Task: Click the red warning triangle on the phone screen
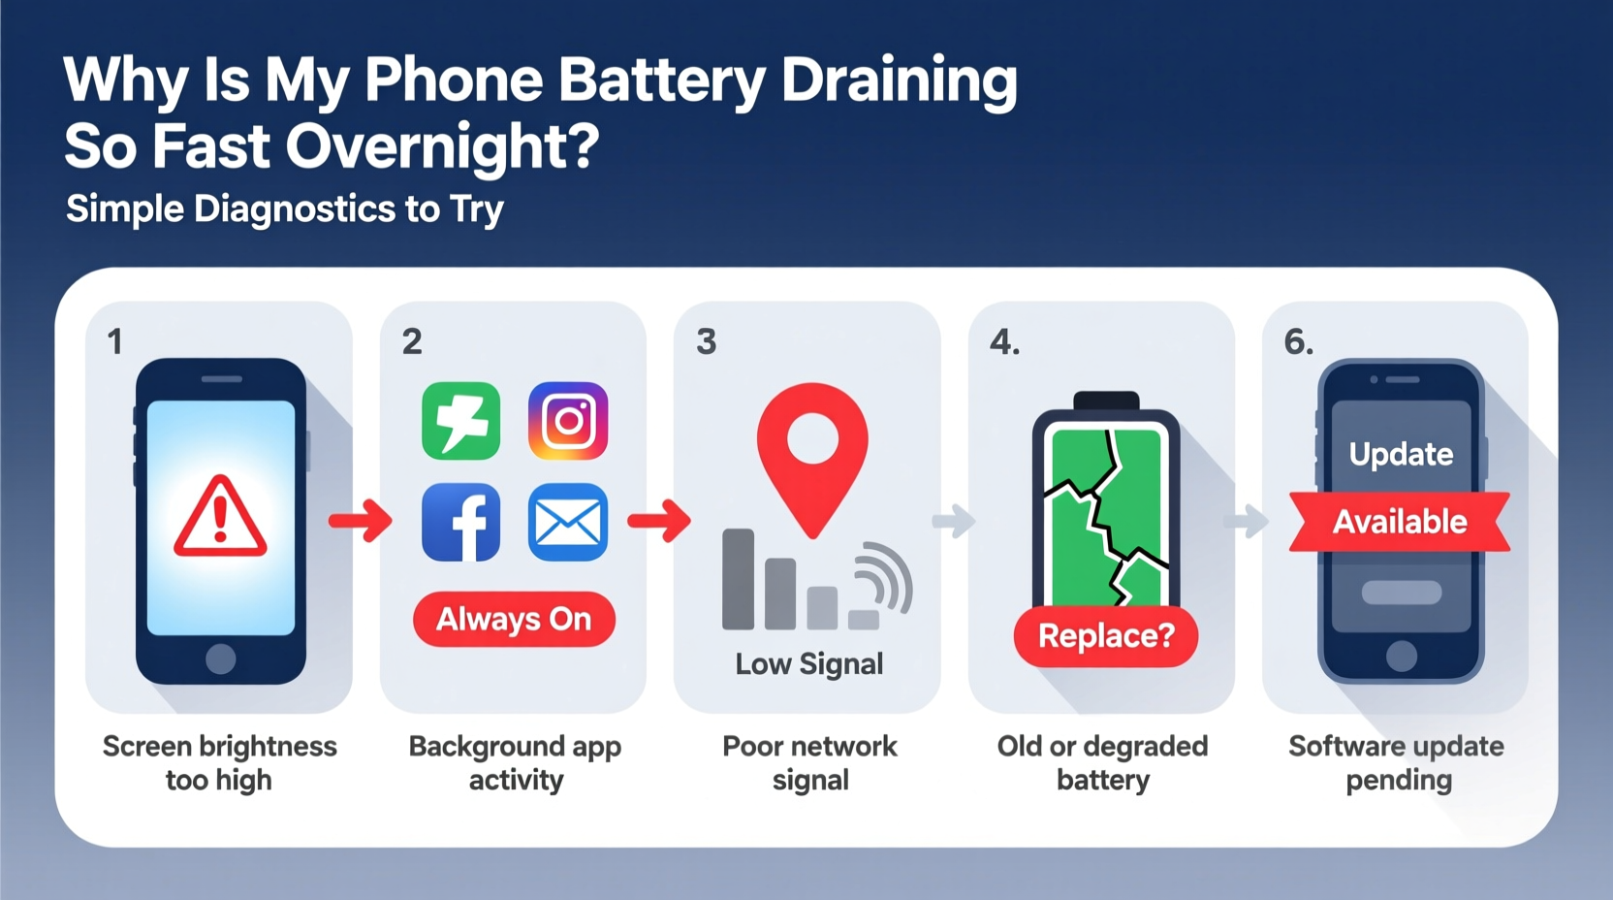(220, 518)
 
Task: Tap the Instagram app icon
(568, 421)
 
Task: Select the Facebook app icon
(461, 523)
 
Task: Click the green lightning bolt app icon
(461, 421)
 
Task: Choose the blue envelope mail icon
(568, 523)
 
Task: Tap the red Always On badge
(514, 619)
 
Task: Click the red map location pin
(812, 456)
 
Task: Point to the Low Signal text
(809, 664)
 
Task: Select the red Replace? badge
(1106, 636)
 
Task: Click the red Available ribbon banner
(1400, 522)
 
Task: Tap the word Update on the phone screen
(1401, 454)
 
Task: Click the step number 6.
(1298, 341)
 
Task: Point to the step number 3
(707, 341)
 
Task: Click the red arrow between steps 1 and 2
(361, 522)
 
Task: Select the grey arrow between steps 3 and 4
(954, 521)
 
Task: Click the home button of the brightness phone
(221, 659)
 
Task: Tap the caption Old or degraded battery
(1103, 763)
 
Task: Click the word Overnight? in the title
(442, 146)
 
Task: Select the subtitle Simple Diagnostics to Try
(285, 209)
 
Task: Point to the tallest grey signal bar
(739, 579)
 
